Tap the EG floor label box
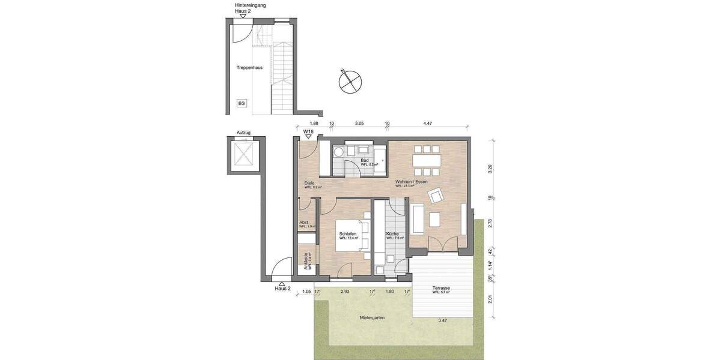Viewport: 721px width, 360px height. [242, 103]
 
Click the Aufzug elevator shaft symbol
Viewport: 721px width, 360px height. [244, 152]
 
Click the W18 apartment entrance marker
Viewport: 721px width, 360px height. [308, 131]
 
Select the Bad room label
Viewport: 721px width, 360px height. [364, 161]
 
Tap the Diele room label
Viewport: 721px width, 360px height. [310, 184]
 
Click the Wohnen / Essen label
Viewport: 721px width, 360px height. [411, 182]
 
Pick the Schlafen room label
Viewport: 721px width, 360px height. [348, 234]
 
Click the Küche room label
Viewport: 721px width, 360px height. [394, 234]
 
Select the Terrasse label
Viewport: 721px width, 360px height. [441, 289]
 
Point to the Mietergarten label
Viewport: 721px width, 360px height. [372, 317]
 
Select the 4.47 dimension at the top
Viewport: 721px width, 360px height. [427, 123]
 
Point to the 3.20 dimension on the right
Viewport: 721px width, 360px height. [490, 169]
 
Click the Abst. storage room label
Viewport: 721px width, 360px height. [304, 223]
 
